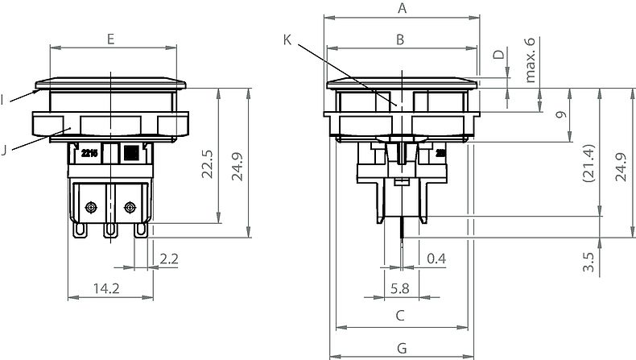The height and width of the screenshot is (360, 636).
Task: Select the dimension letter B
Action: coord(400,39)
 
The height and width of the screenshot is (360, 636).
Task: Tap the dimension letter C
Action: coord(400,315)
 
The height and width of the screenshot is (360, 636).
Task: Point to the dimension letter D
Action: coord(498,55)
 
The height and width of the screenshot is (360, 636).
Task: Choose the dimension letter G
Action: coord(402,346)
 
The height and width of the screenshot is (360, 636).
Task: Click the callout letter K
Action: coord(289,39)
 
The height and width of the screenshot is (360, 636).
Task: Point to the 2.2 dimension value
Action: coord(169,258)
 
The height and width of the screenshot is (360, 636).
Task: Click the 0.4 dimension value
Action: coord(436,258)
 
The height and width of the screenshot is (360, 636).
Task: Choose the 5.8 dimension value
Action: coord(400,287)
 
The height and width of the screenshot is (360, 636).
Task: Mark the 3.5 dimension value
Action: coord(588,262)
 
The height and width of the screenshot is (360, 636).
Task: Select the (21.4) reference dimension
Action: coord(588,164)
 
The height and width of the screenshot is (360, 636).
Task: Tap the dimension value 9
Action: coord(562,114)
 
